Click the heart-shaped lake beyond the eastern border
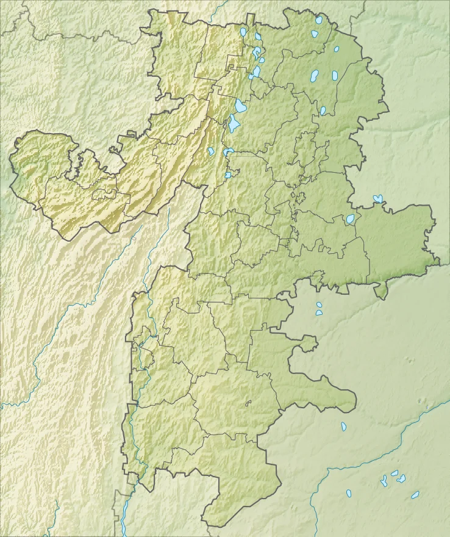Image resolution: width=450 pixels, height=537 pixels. click(x=378, y=199)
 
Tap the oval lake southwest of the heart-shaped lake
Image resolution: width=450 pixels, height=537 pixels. click(x=351, y=219)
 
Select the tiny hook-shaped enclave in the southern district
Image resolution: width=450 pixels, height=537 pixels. click(x=249, y=402)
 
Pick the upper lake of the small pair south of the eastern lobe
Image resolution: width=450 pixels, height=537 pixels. click(x=318, y=305)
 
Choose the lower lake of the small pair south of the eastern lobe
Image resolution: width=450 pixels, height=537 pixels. click(x=319, y=312)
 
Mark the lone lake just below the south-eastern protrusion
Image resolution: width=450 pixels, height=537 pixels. click(x=343, y=427)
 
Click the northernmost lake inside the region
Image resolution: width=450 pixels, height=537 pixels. click(x=318, y=20)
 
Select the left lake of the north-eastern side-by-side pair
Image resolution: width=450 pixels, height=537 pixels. click(x=315, y=76)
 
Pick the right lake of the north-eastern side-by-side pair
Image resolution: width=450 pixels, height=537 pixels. click(x=334, y=76)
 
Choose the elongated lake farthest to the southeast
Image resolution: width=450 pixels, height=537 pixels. click(x=415, y=495)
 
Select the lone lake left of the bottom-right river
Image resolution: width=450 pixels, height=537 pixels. click(x=349, y=493)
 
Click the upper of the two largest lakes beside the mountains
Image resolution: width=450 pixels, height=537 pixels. click(x=241, y=106)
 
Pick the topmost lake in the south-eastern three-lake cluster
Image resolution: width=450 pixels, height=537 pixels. click(x=395, y=473)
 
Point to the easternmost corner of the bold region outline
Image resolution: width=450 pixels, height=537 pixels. click(x=439, y=261)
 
